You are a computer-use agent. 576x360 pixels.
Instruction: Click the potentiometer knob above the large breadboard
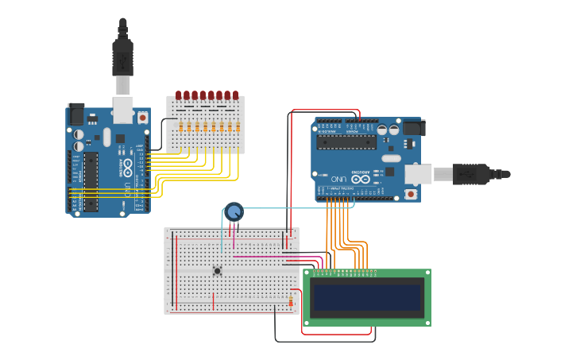pos(234,211)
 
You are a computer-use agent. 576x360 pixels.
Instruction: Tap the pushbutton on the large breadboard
pos(217,271)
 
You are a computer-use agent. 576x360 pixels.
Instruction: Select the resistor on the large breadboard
pos(291,301)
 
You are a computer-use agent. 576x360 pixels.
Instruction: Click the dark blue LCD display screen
pos(366,298)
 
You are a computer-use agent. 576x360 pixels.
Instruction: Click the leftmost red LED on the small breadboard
pos(180,95)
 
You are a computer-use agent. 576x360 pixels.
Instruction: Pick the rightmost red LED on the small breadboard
pos(236,95)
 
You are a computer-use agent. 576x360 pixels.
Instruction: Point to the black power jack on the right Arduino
pos(413,127)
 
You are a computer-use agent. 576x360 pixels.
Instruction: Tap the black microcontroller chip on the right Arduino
pos(346,141)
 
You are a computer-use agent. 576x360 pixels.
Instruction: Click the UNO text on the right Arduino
pos(339,179)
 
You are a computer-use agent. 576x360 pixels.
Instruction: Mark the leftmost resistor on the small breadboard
pos(181,126)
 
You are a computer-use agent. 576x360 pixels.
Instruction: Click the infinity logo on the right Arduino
pos(361,179)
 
